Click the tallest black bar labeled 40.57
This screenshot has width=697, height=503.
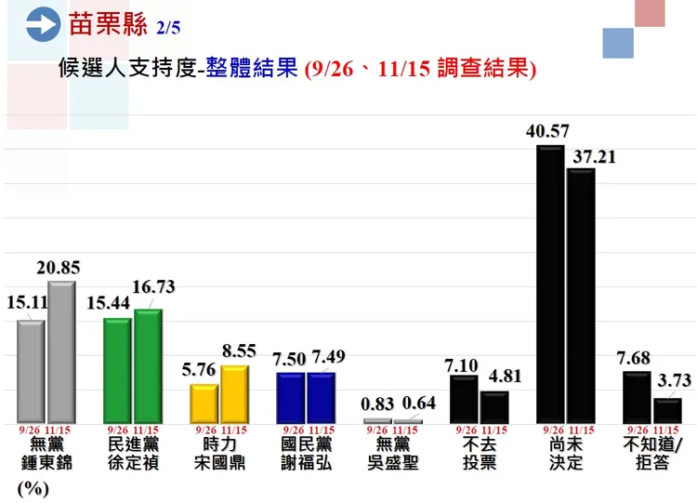pyautogui.click(x=551, y=284)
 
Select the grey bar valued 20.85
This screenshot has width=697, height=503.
pyautogui.click(x=61, y=351)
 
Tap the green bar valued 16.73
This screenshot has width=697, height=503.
pyautogui.click(x=148, y=365)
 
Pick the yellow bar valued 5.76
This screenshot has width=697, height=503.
pyautogui.click(x=204, y=403)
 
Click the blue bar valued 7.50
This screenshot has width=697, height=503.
pyautogui.click(x=291, y=397)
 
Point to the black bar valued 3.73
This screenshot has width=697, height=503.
pyautogui.click(x=667, y=410)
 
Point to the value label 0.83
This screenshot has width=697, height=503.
pyautogui.click(x=377, y=405)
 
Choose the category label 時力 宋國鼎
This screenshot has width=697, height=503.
pyautogui.click(x=219, y=454)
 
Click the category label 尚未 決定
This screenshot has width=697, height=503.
pyautogui.click(x=565, y=454)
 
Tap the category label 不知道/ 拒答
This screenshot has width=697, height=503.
pyautogui.click(x=653, y=454)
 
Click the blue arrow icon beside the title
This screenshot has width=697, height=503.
pyautogui.click(x=44, y=25)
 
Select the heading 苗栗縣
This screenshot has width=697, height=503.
pyautogui.click(x=108, y=24)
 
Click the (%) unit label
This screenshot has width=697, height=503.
pyautogui.click(x=33, y=488)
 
